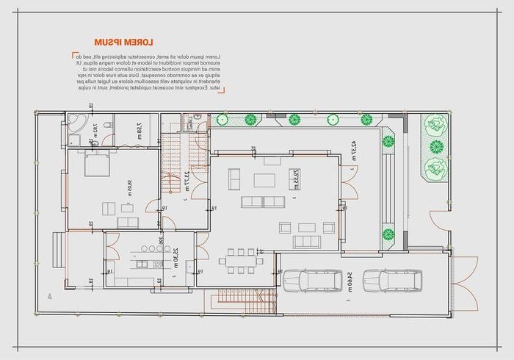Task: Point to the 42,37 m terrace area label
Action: point(353,149)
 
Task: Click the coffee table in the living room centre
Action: point(265,180)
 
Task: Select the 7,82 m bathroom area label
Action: point(95,132)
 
